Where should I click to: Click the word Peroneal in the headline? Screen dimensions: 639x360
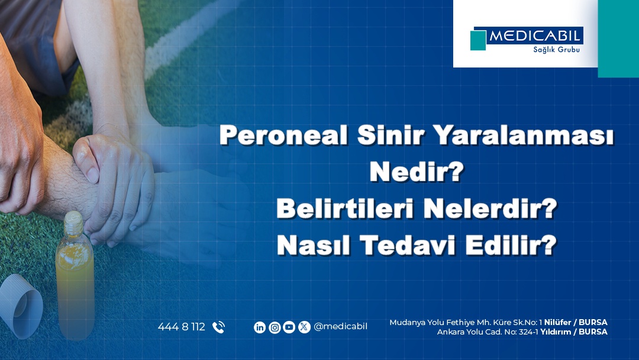283,136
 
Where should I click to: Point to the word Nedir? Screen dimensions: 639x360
417,172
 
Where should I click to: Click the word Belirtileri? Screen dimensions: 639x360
344,208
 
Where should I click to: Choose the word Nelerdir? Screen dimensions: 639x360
490,208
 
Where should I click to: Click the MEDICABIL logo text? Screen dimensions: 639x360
534,36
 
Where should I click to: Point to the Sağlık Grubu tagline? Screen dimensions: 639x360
556,50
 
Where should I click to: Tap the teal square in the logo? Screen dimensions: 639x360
478,40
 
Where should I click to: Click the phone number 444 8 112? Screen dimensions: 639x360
182,327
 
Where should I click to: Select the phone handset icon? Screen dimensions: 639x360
218,327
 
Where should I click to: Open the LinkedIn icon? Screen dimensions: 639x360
260,327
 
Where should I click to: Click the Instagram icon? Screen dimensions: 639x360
275,327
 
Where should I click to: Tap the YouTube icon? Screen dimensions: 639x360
289,327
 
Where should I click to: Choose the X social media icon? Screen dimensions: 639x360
304,327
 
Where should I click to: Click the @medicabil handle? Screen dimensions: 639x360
341,327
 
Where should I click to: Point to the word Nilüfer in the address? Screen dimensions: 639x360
557,323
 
